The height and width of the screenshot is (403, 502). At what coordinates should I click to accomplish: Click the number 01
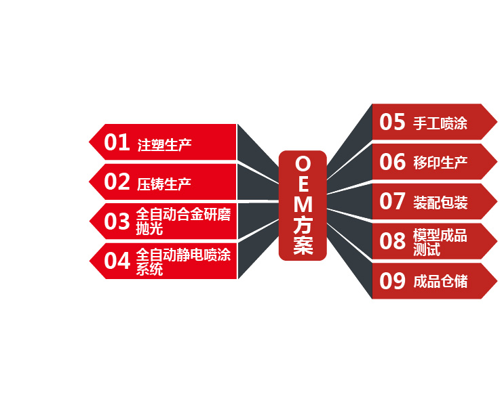(x=116, y=142)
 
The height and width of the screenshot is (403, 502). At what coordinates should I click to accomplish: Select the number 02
(x=117, y=182)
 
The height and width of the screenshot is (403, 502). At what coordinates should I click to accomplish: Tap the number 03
(x=117, y=221)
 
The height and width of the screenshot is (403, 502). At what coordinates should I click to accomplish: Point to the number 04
(x=117, y=261)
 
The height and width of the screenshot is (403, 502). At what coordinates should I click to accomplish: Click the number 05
(x=392, y=123)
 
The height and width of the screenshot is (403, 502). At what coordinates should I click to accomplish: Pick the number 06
(x=392, y=162)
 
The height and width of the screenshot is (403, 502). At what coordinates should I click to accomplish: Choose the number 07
(x=392, y=201)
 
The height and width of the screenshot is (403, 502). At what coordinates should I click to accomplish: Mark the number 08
(x=392, y=241)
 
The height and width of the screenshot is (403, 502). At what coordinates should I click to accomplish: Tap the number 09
(x=392, y=280)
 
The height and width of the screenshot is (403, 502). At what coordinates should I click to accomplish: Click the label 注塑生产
(x=164, y=144)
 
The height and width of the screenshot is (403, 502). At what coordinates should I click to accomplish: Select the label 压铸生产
(x=164, y=184)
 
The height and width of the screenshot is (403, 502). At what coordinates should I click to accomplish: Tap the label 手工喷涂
(x=440, y=124)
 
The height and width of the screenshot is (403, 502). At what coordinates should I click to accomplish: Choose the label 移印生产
(x=440, y=163)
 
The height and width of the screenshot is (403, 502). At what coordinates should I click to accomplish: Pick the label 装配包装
(x=440, y=203)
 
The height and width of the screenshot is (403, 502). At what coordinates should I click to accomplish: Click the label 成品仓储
(x=440, y=282)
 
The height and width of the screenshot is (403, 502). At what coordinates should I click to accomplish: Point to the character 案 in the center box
(x=303, y=246)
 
